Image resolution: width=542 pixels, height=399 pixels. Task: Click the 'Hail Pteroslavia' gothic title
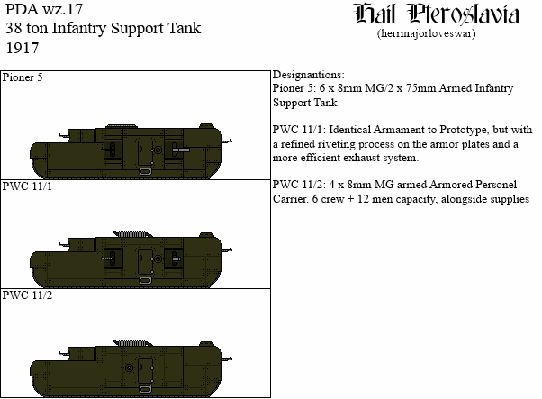[437, 14]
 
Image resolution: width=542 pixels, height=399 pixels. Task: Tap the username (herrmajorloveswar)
[427, 34]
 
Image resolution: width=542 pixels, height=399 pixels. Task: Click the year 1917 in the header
[23, 48]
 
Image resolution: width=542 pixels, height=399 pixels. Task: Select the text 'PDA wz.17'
[44, 9]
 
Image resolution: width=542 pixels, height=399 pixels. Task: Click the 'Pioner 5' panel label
[23, 77]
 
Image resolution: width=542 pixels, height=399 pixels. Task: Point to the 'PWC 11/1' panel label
[27, 186]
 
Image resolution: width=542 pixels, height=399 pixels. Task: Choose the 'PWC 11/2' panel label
[27, 295]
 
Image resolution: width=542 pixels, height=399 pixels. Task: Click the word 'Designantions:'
[308, 75]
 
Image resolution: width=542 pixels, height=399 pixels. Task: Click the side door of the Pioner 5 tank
[145, 153]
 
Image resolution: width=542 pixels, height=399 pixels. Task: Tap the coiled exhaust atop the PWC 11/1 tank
[133, 234]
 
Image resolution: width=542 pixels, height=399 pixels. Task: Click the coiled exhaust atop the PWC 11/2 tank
[133, 343]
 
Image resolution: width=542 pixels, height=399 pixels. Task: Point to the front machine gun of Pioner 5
[226, 141]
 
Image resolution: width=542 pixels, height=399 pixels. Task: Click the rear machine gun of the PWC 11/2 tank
[64, 354]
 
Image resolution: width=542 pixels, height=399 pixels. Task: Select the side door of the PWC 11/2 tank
[145, 371]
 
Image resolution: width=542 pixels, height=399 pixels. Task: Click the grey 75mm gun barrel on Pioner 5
[181, 150]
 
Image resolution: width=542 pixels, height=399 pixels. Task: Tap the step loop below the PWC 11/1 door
[145, 280]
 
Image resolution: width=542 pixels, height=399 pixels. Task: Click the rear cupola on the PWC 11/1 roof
[206, 235]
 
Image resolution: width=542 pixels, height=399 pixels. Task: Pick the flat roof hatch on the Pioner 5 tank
[122, 126]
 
